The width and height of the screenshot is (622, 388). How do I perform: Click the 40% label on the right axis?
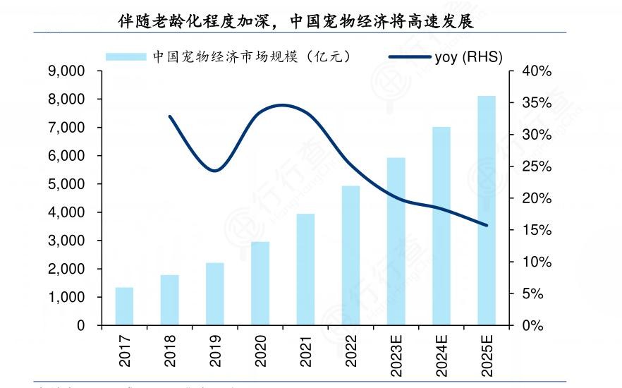point(537,71)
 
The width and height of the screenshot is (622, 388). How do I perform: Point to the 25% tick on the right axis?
point(537,166)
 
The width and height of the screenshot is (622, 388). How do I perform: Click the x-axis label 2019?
point(215,350)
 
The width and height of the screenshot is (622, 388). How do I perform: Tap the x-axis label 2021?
point(306,350)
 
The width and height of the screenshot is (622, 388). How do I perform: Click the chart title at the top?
point(296,21)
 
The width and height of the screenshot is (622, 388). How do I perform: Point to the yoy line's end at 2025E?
point(487,226)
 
